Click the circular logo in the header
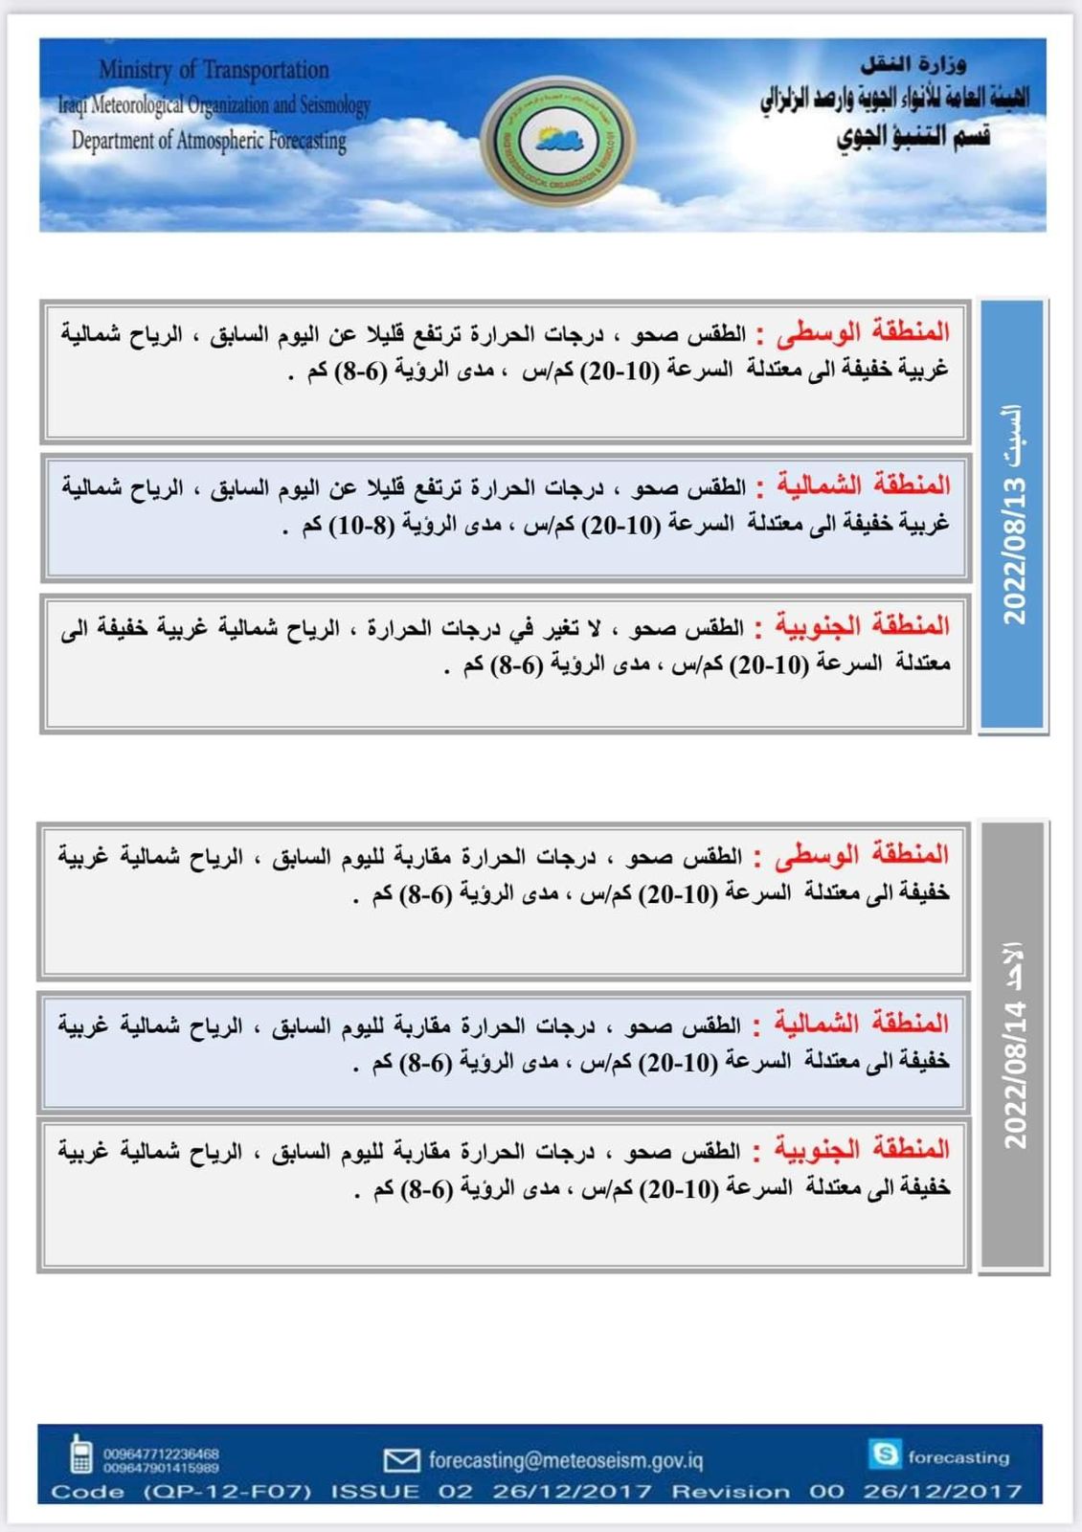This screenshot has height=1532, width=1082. (557, 142)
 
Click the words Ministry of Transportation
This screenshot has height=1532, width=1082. (214, 70)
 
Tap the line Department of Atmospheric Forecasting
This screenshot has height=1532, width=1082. (209, 141)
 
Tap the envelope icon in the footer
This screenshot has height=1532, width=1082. (401, 1460)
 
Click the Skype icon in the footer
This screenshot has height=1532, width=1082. (885, 1454)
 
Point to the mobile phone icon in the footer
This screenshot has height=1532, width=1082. (80, 1453)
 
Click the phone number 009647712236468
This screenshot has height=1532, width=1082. (161, 1453)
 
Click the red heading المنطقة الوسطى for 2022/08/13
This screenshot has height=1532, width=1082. (863, 333)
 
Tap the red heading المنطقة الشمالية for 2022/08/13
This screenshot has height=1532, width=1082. (863, 485)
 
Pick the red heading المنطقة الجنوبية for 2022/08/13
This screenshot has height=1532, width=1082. (863, 626)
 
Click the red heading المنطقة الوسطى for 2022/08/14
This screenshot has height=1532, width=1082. (861, 855)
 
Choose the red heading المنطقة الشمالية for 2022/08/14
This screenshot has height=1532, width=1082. (861, 1024)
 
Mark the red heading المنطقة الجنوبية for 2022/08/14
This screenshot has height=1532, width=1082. (861, 1149)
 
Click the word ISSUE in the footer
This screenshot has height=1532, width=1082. (374, 1492)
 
